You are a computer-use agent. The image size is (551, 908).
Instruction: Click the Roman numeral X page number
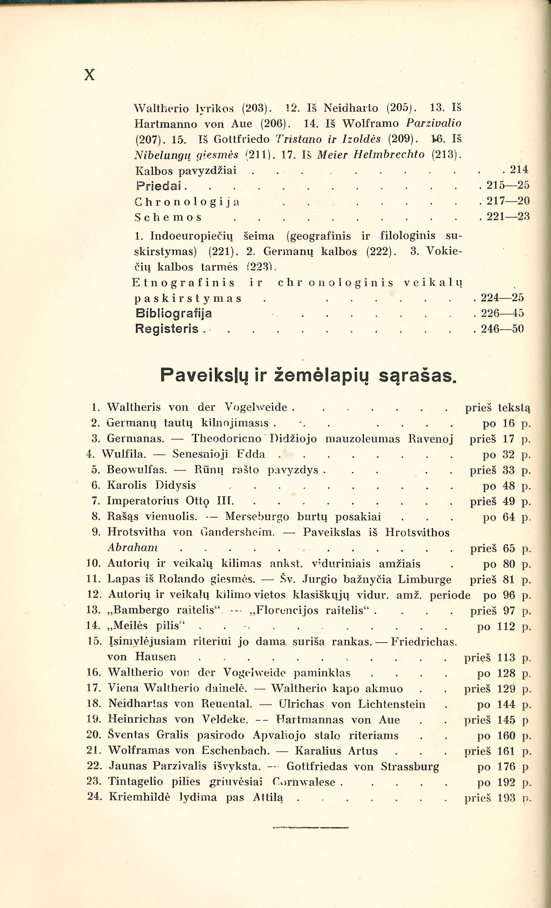[90, 75]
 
